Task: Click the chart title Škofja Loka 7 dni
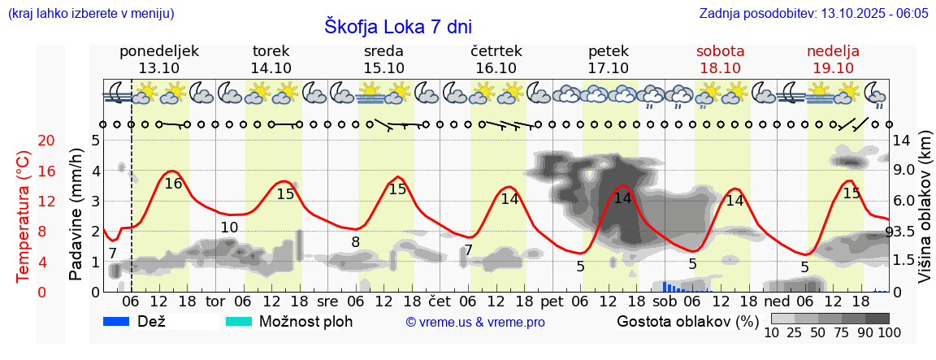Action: coord(397,27)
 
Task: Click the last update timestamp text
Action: coord(813,14)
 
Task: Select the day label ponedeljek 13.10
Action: coord(158,59)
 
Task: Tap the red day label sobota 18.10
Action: coord(720,59)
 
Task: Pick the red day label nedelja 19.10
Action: coord(833,59)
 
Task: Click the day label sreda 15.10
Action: coord(384,59)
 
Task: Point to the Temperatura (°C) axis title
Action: coord(24,217)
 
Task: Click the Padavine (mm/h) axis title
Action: coord(76,215)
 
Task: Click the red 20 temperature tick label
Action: coord(24,141)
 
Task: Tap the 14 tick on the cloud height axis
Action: coord(901,141)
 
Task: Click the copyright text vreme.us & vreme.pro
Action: coord(474,322)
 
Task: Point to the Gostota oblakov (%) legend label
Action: coord(687,321)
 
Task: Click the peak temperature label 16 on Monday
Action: coord(173,184)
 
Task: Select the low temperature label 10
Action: coord(229,228)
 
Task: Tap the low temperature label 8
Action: coord(355,242)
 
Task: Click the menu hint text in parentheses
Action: coord(90,14)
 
